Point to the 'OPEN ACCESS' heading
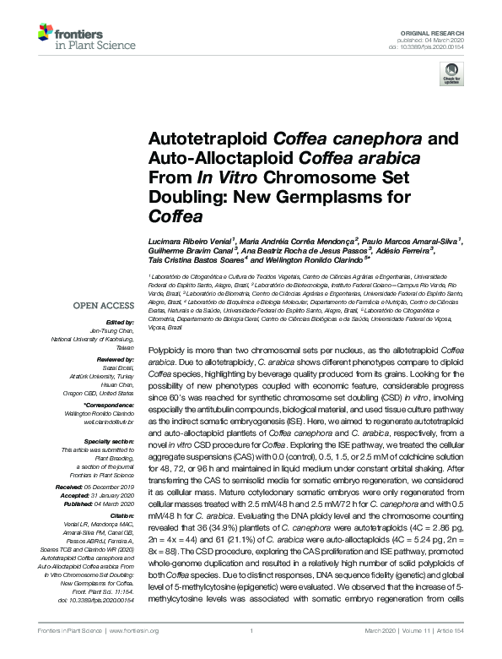(105, 305)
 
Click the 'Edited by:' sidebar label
(120, 322)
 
